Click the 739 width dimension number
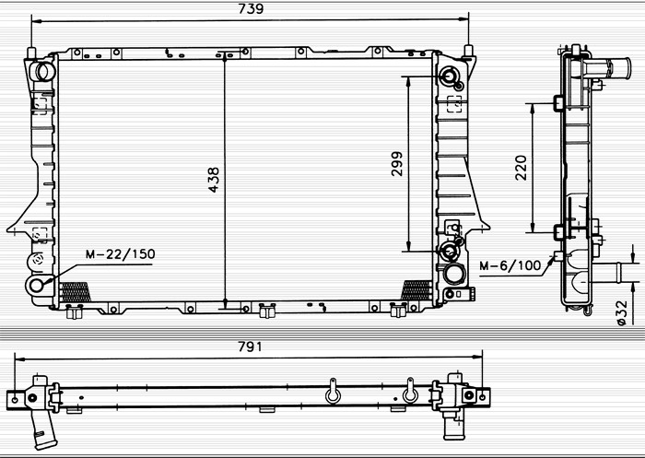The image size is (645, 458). pos(251,8)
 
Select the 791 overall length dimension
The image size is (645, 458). pos(250,346)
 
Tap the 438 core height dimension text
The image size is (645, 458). pos(214,180)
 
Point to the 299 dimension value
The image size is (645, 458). pos(397,164)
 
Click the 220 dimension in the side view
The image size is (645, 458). pos(521,168)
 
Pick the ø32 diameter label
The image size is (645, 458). pos(622,312)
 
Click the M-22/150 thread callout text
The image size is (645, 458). pos(121,254)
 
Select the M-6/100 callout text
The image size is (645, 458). pos(510,265)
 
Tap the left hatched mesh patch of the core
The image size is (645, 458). pos(75,292)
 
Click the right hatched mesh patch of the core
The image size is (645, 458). pos(416,290)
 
